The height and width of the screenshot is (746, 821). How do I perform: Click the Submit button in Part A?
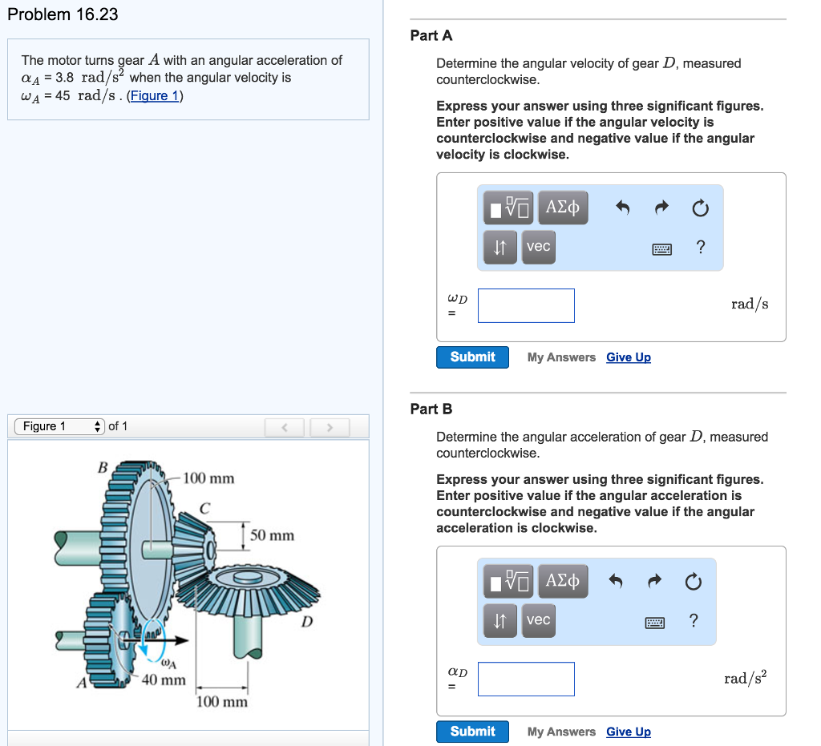(x=472, y=357)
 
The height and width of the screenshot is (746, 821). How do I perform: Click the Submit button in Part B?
(x=472, y=732)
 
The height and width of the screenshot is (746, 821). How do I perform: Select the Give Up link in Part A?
(x=629, y=357)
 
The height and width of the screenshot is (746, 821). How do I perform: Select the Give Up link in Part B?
(x=629, y=732)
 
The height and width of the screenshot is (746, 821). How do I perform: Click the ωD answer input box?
(x=526, y=306)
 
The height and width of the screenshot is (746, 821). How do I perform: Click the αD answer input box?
(x=526, y=679)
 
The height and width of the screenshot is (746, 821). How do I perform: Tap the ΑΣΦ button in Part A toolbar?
(x=563, y=208)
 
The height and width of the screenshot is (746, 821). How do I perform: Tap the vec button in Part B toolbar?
(x=538, y=620)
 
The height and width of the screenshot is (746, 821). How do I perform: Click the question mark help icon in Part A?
(x=701, y=247)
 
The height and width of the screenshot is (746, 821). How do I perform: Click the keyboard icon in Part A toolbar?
(x=661, y=249)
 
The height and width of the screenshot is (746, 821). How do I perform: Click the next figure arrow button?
(x=329, y=427)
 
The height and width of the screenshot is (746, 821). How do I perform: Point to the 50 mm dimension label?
(x=272, y=535)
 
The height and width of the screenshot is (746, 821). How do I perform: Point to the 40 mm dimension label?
(x=164, y=680)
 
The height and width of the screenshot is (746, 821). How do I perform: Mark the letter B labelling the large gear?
(x=102, y=467)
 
